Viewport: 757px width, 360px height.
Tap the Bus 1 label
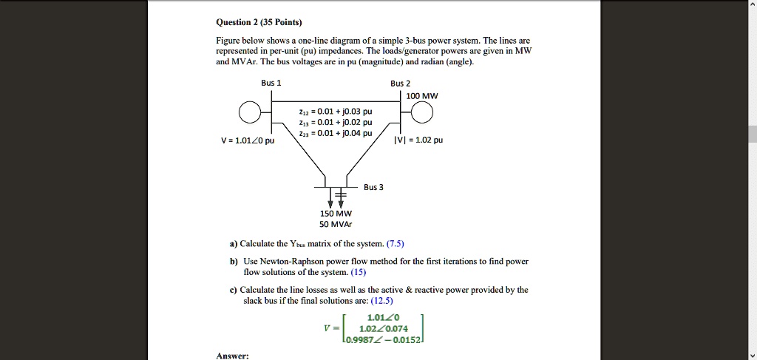click(x=271, y=83)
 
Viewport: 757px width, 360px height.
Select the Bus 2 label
click(x=401, y=83)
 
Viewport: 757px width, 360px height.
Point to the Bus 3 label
click(x=373, y=187)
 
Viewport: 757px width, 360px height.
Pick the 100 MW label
click(x=422, y=96)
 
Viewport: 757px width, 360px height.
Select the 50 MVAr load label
click(x=341, y=223)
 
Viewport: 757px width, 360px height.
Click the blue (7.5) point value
click(x=396, y=243)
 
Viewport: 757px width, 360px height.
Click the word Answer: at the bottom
click(x=232, y=356)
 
